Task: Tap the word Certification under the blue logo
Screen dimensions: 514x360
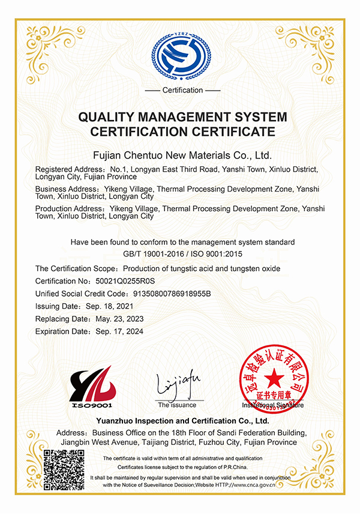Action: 182,90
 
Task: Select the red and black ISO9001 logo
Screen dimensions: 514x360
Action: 93,387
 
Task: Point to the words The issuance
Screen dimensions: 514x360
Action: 177,405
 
